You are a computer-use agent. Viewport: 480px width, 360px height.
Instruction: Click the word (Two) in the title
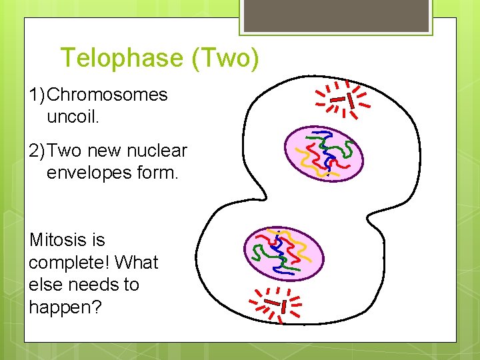[225, 59]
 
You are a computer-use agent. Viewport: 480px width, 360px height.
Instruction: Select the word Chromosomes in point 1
[107, 95]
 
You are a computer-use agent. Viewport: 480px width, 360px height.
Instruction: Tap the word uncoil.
[73, 117]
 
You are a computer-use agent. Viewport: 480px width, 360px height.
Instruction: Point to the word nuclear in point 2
[158, 151]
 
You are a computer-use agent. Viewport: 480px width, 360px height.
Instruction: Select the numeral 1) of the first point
[38, 95]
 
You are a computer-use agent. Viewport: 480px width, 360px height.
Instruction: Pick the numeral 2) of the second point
[38, 151]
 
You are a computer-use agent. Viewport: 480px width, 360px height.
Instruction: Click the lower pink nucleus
[283, 254]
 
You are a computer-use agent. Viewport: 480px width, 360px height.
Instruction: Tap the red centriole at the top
[343, 100]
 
